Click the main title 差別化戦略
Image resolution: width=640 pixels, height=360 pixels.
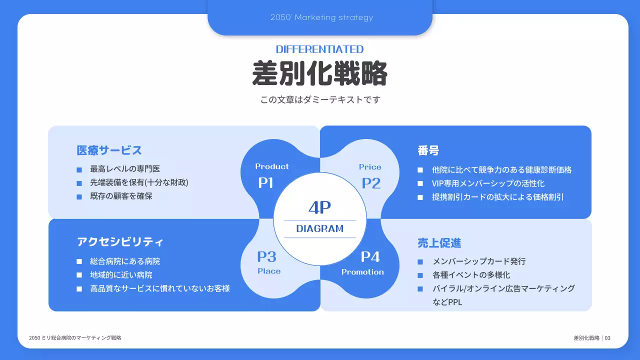click(x=319, y=74)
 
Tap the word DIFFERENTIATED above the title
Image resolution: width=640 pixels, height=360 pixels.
click(x=319, y=49)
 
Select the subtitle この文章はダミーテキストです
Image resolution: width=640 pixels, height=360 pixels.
click(x=320, y=99)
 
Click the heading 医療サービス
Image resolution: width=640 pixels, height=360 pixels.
click(x=109, y=150)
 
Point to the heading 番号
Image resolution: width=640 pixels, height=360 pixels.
click(x=428, y=150)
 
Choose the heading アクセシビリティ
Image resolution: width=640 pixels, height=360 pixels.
click(x=120, y=242)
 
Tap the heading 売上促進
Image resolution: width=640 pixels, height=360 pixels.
click(x=439, y=243)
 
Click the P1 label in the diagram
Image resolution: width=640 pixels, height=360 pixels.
click(x=266, y=183)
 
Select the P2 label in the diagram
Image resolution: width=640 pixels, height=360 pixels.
click(x=371, y=183)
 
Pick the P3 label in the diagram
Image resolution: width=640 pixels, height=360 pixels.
click(x=267, y=257)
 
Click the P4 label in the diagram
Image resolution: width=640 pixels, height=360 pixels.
click(x=370, y=257)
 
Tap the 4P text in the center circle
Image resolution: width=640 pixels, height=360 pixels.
click(x=320, y=207)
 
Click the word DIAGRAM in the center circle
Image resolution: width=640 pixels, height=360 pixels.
click(x=320, y=229)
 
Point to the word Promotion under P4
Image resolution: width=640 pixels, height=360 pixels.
click(x=362, y=272)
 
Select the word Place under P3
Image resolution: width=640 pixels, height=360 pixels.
click(x=269, y=271)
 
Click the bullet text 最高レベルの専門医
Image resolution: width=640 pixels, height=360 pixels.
click(x=125, y=169)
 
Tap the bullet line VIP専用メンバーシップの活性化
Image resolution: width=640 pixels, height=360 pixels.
click(x=488, y=183)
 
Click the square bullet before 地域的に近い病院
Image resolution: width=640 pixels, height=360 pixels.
click(x=79, y=275)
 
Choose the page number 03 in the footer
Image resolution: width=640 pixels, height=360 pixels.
click(x=607, y=338)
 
